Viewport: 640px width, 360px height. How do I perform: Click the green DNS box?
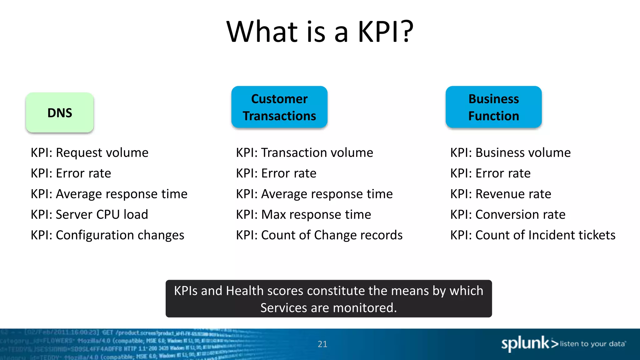point(60,112)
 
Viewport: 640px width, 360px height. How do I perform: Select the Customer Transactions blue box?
point(279,107)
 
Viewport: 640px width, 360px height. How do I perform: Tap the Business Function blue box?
point(493,107)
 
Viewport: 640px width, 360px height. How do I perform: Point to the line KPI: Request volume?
point(89,153)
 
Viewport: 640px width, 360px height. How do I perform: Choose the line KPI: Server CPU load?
point(89,215)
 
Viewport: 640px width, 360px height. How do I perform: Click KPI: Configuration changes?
point(107,235)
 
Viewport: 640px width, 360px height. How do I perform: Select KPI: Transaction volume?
point(304,153)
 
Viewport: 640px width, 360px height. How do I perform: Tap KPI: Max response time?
point(303,215)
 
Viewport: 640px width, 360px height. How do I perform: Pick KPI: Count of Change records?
point(319,235)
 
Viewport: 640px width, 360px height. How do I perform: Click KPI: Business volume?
point(510,153)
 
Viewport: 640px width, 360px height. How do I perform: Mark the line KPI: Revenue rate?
point(501,194)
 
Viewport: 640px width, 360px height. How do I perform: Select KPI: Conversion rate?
point(508,215)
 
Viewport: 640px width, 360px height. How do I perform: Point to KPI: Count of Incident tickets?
point(533,235)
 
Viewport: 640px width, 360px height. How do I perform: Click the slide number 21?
point(322,344)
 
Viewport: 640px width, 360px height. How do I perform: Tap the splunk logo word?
point(525,343)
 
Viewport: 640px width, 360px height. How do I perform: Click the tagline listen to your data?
point(592,344)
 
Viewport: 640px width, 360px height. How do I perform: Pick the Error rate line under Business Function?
point(490,173)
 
